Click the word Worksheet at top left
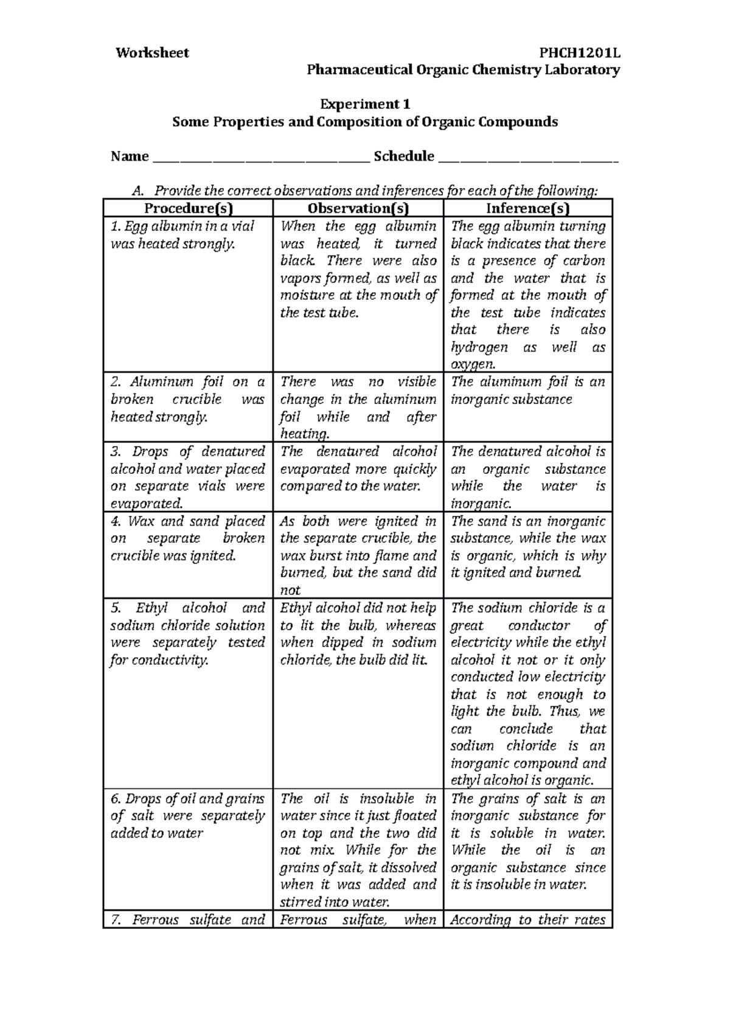click(x=152, y=53)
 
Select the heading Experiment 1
click(x=365, y=104)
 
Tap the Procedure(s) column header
click(x=188, y=209)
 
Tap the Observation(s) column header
click(x=358, y=209)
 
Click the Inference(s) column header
click(x=527, y=209)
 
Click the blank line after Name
click(x=260, y=161)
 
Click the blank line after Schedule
click(x=527, y=161)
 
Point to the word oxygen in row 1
click(x=473, y=364)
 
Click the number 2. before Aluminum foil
click(x=116, y=382)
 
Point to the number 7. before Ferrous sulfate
click(x=116, y=920)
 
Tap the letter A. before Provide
click(x=136, y=192)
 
